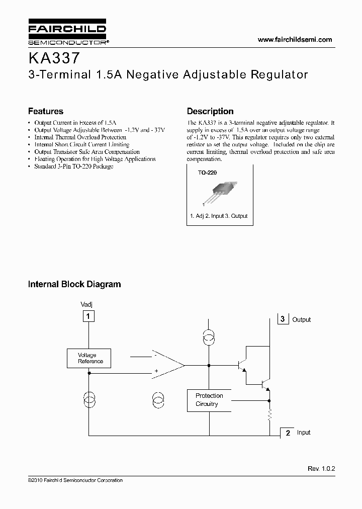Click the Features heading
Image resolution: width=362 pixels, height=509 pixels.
click(x=46, y=111)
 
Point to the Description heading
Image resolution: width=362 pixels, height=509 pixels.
click(x=210, y=111)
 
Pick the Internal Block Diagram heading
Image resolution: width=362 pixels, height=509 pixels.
click(x=74, y=284)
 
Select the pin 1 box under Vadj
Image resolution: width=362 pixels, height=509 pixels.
click(x=88, y=316)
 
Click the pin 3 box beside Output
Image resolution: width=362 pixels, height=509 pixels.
click(x=283, y=319)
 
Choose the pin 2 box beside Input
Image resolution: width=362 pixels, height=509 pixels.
click(x=288, y=433)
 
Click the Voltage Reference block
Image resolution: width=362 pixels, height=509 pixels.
click(x=89, y=358)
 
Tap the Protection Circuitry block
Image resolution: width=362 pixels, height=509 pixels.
click(x=209, y=400)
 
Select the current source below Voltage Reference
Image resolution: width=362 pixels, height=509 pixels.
click(x=88, y=401)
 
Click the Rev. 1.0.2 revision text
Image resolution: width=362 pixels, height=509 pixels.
click(x=321, y=468)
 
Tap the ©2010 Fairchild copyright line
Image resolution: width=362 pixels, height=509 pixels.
click(x=75, y=480)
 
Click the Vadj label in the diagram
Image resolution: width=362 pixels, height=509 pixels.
click(x=86, y=305)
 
